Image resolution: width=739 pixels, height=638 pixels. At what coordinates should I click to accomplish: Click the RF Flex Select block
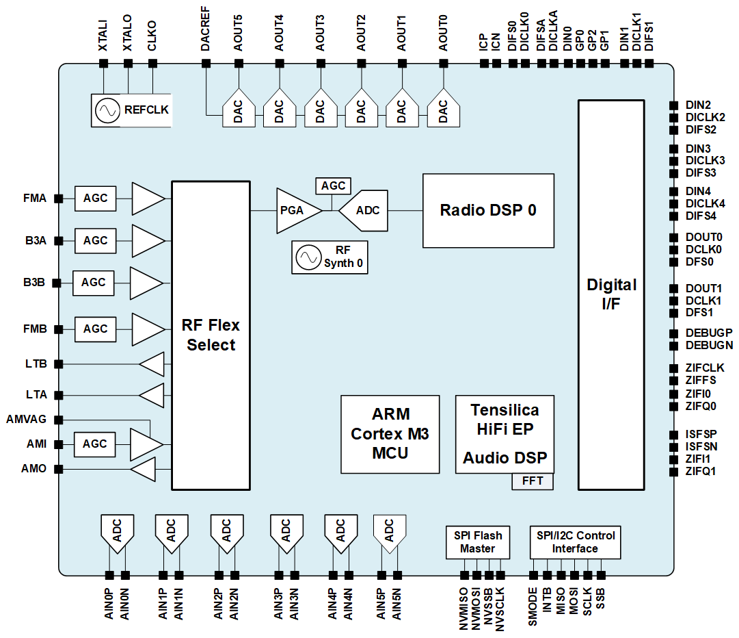[211, 335]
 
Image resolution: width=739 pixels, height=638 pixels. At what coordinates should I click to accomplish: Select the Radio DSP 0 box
[488, 210]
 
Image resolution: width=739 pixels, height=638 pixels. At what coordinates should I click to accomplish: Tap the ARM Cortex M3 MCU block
[390, 434]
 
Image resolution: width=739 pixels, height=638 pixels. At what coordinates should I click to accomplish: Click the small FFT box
[532, 481]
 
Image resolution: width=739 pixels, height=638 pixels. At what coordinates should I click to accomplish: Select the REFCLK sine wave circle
[107, 110]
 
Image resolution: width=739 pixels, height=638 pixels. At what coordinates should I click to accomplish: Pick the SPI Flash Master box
[477, 542]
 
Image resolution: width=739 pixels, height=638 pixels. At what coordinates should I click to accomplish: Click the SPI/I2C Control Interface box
[574, 542]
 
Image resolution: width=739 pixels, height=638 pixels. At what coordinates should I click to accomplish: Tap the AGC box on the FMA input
[95, 198]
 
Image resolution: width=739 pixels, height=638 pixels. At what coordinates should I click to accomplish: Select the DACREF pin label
[206, 35]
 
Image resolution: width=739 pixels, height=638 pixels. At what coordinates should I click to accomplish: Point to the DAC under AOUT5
[238, 110]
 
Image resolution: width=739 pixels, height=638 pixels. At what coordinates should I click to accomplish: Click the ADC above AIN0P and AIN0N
[117, 531]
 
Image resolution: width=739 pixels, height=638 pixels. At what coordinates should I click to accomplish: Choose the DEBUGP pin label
[708, 333]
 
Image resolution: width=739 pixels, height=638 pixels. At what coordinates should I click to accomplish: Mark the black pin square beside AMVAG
[59, 419]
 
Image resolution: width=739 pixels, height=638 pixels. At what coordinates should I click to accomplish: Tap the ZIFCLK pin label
[704, 368]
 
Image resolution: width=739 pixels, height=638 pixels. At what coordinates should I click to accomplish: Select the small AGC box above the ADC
[333, 186]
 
